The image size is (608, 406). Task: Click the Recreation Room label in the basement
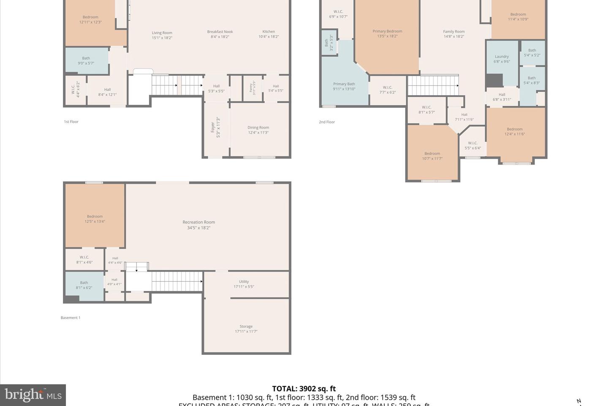(198, 225)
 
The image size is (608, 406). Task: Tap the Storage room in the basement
(246, 329)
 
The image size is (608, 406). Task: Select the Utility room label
(244, 284)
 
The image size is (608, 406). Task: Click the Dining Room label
(258, 130)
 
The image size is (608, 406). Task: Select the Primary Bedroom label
(387, 33)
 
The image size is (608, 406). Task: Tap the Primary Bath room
(344, 86)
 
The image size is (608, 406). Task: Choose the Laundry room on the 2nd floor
(502, 59)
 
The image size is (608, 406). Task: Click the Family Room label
(454, 34)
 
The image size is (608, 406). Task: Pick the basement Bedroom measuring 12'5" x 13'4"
(95, 219)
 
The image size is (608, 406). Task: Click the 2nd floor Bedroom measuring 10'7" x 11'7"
(432, 156)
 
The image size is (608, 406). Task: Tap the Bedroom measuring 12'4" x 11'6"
(514, 132)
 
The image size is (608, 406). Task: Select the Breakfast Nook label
(220, 34)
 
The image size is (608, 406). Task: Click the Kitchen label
(269, 34)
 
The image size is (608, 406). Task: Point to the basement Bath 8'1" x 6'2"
(84, 285)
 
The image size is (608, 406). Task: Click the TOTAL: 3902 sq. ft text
(304, 389)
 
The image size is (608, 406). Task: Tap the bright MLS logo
(33, 395)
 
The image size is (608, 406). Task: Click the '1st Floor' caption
(71, 122)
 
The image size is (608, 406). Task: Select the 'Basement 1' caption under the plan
(70, 318)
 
